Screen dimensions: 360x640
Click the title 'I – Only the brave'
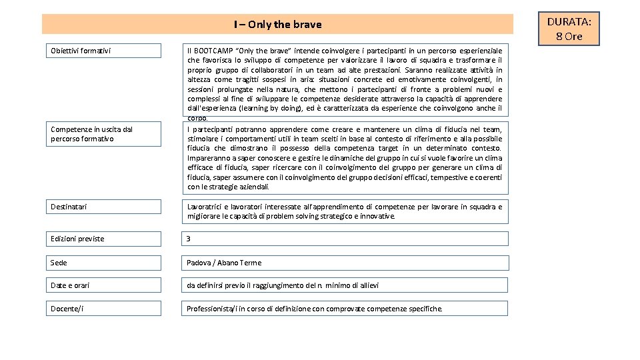click(x=277, y=25)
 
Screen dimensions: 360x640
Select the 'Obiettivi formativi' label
click(x=81, y=51)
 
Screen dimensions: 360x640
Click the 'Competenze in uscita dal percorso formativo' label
click(x=82, y=134)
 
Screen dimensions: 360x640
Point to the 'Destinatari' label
click(x=69, y=207)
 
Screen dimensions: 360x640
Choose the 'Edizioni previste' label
click(x=77, y=239)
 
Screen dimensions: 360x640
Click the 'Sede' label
click(x=59, y=263)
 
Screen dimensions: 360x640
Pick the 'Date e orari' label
click(x=70, y=285)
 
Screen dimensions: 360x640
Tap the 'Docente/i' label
click(x=67, y=309)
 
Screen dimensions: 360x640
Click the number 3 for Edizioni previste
click(x=189, y=239)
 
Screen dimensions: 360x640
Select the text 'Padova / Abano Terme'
click(x=224, y=263)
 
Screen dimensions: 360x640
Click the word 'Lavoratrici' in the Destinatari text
click(x=205, y=207)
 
